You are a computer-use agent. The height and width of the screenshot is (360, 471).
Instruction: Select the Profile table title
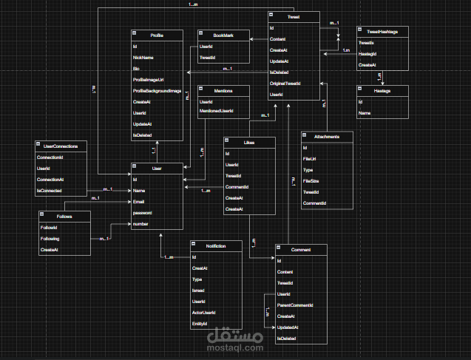click(x=157, y=35)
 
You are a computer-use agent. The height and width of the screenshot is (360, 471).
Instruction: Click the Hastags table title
click(x=383, y=90)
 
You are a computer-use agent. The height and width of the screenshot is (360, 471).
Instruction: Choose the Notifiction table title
click(x=215, y=244)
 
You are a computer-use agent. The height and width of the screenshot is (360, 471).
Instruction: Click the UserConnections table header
click(x=61, y=146)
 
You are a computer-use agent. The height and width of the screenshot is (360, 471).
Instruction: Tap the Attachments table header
click(x=328, y=137)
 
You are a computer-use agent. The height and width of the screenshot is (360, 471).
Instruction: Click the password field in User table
click(x=143, y=213)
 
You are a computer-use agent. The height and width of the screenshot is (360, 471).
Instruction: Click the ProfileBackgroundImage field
click(x=157, y=90)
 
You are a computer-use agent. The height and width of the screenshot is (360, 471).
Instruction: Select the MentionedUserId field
click(x=217, y=112)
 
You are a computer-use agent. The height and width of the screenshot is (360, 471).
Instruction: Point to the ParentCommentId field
click(x=296, y=305)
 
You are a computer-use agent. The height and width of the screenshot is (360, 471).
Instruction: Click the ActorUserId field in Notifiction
click(x=205, y=313)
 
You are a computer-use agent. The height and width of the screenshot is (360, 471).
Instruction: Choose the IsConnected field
click(x=50, y=191)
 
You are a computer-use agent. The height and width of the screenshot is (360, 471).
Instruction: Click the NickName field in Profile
click(x=143, y=57)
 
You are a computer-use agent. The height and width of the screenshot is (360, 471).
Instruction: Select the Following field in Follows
click(x=50, y=240)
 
